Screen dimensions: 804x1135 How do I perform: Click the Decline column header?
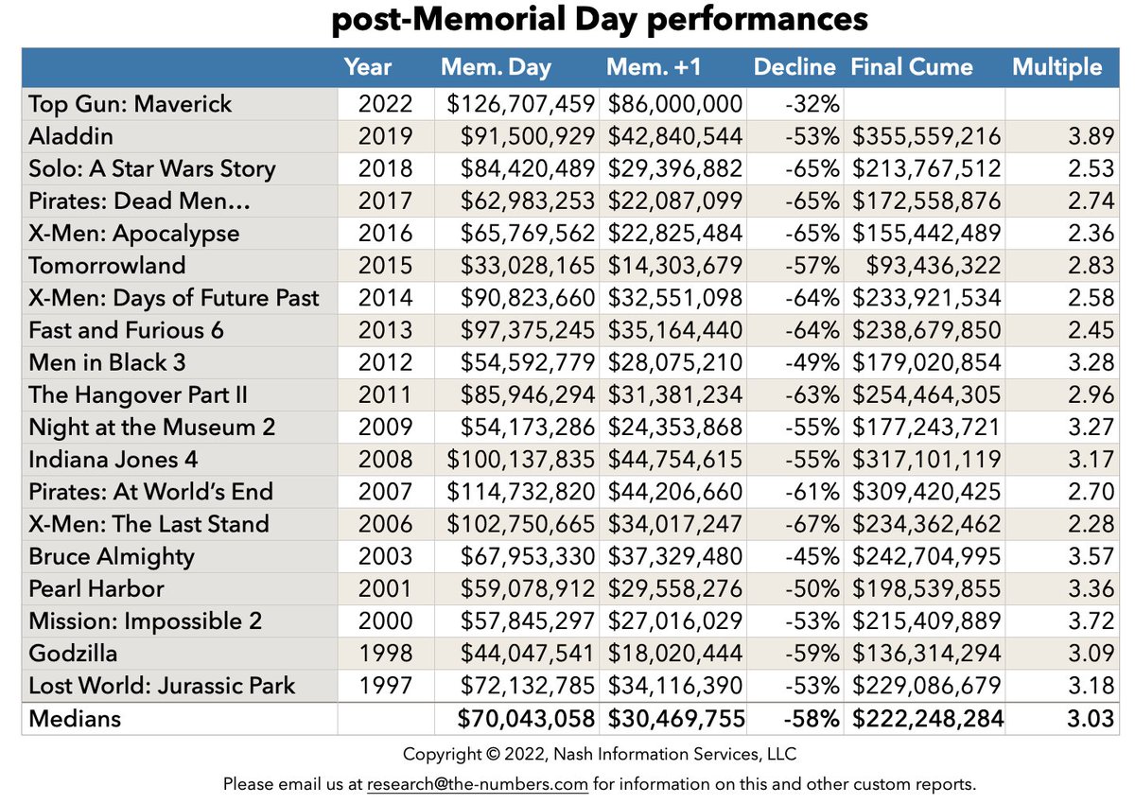click(794, 67)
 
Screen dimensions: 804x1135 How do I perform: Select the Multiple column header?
click(1056, 67)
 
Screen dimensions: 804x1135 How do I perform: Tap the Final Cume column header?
click(911, 67)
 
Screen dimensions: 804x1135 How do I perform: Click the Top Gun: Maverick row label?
click(130, 103)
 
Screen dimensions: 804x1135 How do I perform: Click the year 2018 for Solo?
click(385, 168)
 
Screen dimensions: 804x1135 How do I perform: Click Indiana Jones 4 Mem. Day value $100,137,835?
click(520, 459)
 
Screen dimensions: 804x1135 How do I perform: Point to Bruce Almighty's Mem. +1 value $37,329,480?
click(674, 556)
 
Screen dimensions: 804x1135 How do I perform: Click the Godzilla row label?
click(72, 653)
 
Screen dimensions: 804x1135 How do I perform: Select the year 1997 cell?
click(385, 685)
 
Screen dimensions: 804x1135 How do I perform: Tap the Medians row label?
click(75, 718)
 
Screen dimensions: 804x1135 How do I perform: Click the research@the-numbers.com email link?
click(478, 784)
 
